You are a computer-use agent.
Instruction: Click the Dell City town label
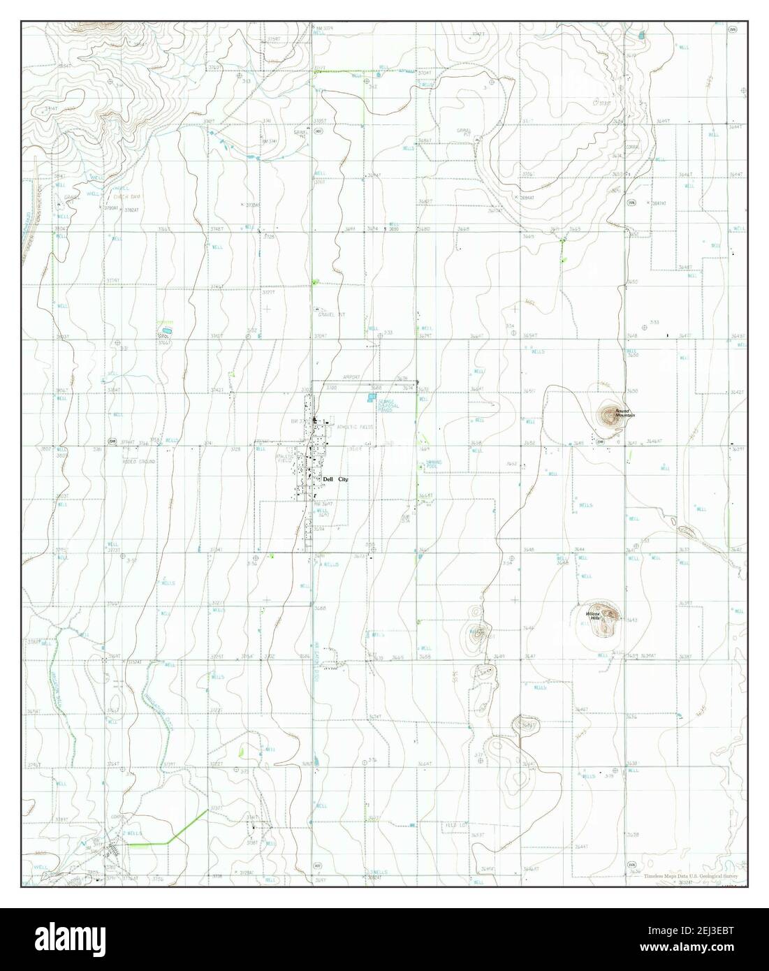coord(335,480)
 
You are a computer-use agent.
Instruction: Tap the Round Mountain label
coord(624,414)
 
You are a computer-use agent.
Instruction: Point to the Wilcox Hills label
coord(593,616)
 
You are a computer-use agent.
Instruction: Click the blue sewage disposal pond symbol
coord(370,397)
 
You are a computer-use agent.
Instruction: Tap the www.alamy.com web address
coord(699,949)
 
